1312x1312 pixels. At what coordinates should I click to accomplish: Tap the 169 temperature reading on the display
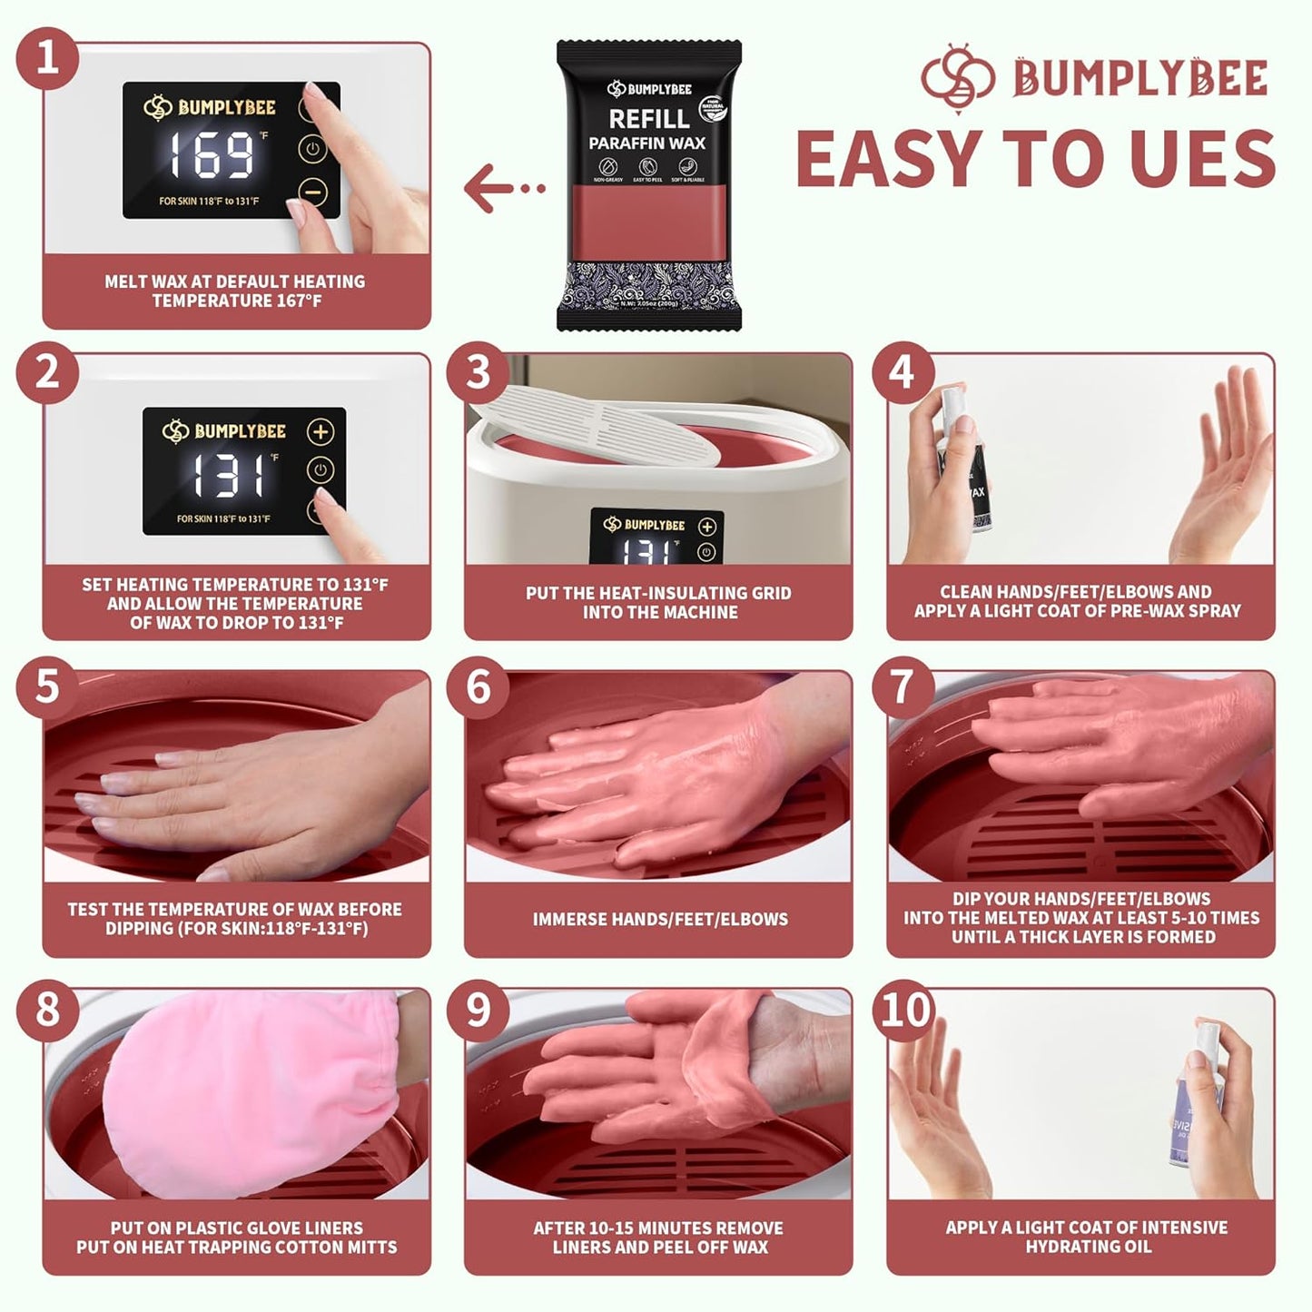pos(212,155)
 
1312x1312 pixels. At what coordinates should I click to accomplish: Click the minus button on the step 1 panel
pos(312,192)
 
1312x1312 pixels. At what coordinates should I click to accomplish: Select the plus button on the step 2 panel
pos(320,432)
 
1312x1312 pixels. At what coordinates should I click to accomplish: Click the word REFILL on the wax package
pos(648,119)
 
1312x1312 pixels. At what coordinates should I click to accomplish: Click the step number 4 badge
pos(902,372)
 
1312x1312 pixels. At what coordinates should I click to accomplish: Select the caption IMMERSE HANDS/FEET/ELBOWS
pos(660,919)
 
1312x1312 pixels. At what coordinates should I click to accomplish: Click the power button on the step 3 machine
pos(706,552)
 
